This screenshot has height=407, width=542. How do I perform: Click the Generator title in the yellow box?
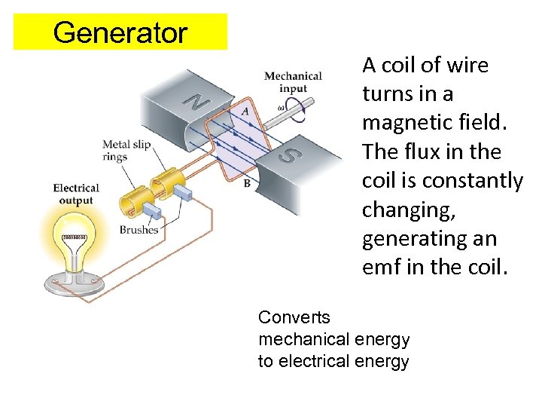pos(120,32)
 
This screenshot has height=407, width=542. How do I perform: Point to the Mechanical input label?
pos(293,82)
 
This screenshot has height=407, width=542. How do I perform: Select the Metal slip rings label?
pos(126,151)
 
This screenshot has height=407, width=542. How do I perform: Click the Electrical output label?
pos(76,194)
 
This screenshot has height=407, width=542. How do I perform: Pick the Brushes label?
pos(139,230)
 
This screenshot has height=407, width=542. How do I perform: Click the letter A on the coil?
pos(245,111)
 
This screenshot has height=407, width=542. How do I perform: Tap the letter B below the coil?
pos(247,183)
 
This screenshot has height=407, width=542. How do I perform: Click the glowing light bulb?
pos(73,237)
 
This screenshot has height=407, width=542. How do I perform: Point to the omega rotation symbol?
pos(281,106)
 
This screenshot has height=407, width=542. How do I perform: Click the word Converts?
pos(294,317)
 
